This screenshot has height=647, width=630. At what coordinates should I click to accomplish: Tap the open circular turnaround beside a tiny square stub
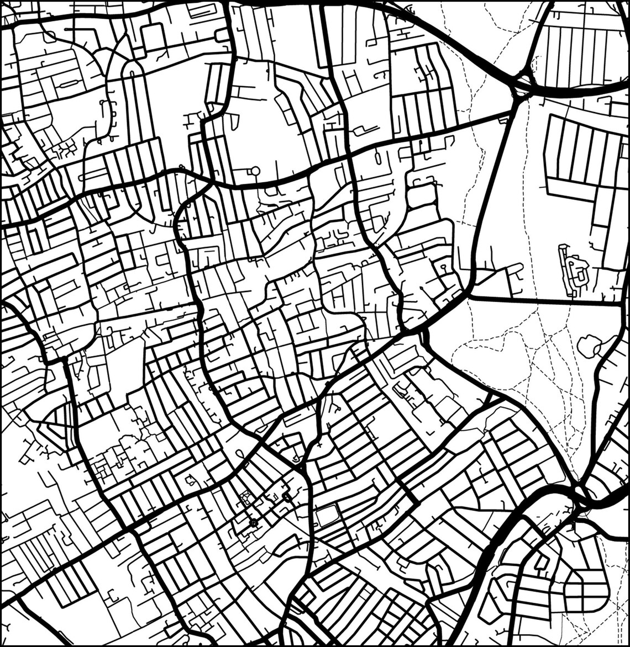tap(255, 171)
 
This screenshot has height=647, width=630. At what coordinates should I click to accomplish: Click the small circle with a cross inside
tap(254, 522)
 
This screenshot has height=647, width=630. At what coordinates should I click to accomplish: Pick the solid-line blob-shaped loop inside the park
tap(589, 346)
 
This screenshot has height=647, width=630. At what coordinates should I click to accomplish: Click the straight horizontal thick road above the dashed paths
tap(544, 301)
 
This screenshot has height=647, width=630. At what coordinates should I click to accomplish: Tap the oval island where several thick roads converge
tap(580, 491)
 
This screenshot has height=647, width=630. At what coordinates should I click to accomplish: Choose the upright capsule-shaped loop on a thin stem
tap(378, 158)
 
